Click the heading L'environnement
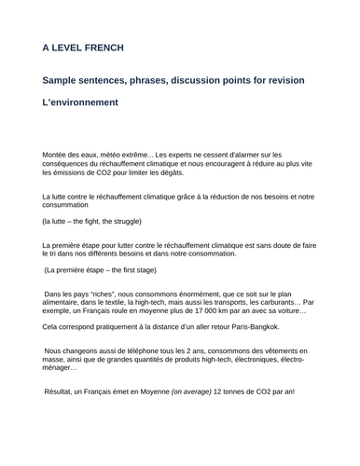[x=80, y=103]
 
